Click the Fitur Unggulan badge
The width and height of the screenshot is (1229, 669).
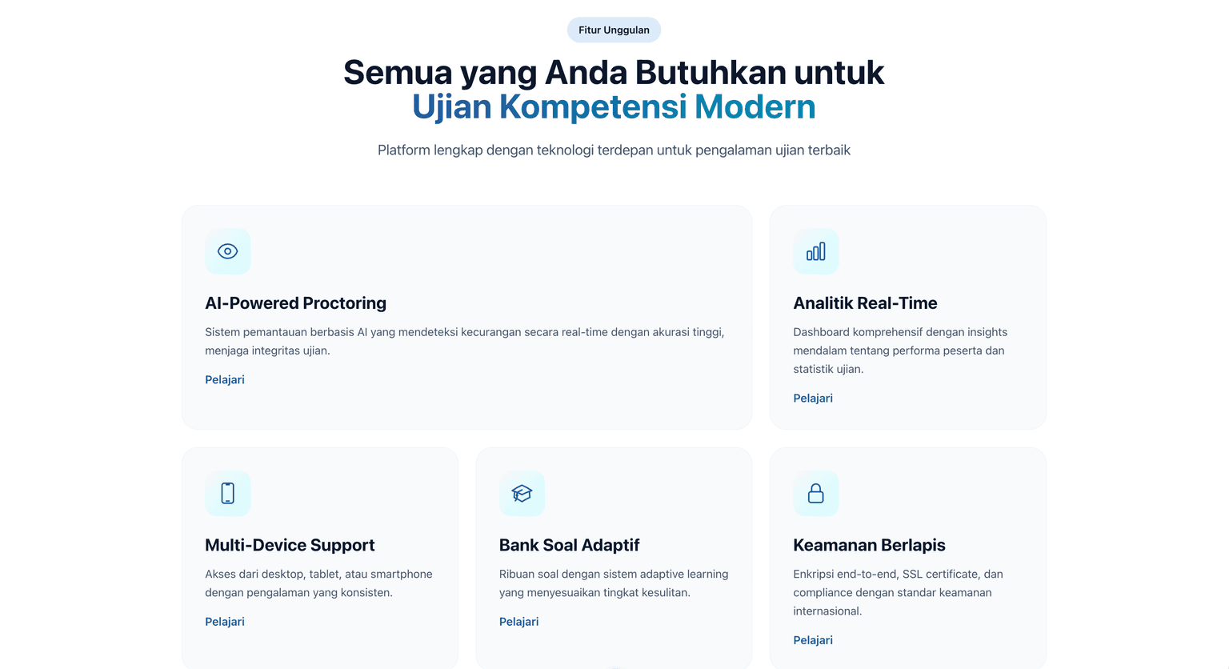[x=614, y=30]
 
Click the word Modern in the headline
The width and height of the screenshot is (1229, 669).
[x=755, y=106]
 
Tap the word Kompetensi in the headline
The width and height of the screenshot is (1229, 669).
[x=593, y=107]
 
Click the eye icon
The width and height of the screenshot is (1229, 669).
[x=228, y=251]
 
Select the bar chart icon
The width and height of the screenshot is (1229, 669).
[x=816, y=251]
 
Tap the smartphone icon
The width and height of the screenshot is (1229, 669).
[x=228, y=494]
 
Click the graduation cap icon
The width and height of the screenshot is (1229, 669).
[x=522, y=494]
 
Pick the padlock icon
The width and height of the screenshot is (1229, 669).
[x=816, y=494]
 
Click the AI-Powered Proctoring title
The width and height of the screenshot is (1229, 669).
[x=296, y=303]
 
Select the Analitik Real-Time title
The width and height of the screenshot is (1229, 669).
[x=865, y=303]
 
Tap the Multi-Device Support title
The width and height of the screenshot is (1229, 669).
[x=290, y=545]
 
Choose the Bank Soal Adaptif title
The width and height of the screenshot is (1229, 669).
[x=569, y=545]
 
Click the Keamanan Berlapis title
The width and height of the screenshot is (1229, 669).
[x=869, y=545]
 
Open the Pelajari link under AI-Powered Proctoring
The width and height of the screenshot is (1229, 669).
[x=225, y=380]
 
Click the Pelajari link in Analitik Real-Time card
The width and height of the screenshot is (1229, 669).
[x=813, y=399]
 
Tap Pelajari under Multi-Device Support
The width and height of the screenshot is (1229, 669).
[x=225, y=622]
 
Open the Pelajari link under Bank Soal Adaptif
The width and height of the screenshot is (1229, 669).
[x=519, y=622]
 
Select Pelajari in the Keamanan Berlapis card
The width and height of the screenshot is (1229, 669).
[x=813, y=640]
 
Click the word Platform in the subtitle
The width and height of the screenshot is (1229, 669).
[x=404, y=150]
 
